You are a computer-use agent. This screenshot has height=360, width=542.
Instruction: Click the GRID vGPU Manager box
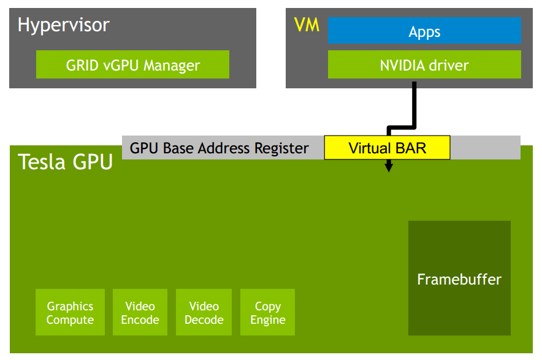click(132, 64)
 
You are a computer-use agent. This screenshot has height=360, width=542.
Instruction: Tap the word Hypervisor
click(63, 25)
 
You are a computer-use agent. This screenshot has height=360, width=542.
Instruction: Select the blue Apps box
click(424, 31)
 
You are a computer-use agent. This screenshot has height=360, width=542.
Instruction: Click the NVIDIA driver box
click(424, 64)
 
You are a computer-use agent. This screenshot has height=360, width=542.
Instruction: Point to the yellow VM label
click(307, 25)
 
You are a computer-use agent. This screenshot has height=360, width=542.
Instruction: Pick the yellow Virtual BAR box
click(387, 148)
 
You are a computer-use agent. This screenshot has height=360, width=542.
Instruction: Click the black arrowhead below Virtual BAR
click(388, 167)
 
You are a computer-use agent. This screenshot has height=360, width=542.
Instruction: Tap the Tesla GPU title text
click(66, 163)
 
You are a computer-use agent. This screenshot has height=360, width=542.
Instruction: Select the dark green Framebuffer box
click(459, 278)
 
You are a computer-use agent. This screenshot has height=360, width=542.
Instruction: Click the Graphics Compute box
click(70, 313)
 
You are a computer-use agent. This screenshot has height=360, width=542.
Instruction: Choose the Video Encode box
click(140, 313)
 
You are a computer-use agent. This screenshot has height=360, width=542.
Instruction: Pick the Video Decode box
click(204, 313)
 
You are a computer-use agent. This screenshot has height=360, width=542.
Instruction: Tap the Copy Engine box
click(268, 313)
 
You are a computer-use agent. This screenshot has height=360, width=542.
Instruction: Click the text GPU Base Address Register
click(219, 148)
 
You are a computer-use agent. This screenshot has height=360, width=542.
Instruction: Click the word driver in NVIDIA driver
click(449, 65)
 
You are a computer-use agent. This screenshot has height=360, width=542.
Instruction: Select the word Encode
click(140, 320)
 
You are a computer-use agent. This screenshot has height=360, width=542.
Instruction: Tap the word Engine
click(268, 320)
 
